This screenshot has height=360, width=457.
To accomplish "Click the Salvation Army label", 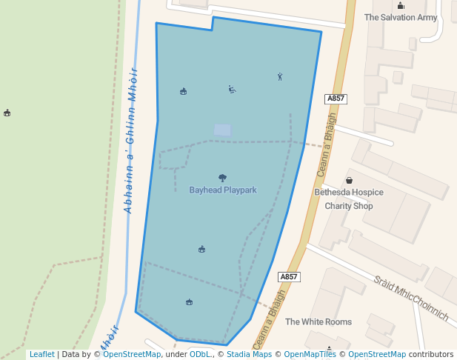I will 401,17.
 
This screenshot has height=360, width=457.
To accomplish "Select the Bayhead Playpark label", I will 223,190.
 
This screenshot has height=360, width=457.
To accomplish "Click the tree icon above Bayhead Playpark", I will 223,178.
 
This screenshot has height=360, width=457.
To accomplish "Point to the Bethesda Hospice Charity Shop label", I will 349,199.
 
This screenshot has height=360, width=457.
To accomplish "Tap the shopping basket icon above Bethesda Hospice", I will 349,181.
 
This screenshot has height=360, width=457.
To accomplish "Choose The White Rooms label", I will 318,321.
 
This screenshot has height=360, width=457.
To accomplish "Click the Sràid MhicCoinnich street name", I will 411,298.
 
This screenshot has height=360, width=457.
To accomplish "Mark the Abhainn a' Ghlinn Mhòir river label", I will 132,141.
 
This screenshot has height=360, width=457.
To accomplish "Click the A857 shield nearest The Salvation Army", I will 336,99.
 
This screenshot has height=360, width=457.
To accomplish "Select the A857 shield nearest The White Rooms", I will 290,277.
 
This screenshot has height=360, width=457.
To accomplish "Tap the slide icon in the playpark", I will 232,90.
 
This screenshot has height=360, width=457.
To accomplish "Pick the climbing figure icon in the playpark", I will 280,76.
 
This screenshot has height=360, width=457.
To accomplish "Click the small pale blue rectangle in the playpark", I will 222,130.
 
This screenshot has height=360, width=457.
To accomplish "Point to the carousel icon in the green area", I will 7,113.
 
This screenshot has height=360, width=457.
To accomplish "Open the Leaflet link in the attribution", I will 42,354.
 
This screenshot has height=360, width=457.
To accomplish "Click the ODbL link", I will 200,354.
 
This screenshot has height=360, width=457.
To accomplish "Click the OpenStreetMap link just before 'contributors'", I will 377,354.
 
